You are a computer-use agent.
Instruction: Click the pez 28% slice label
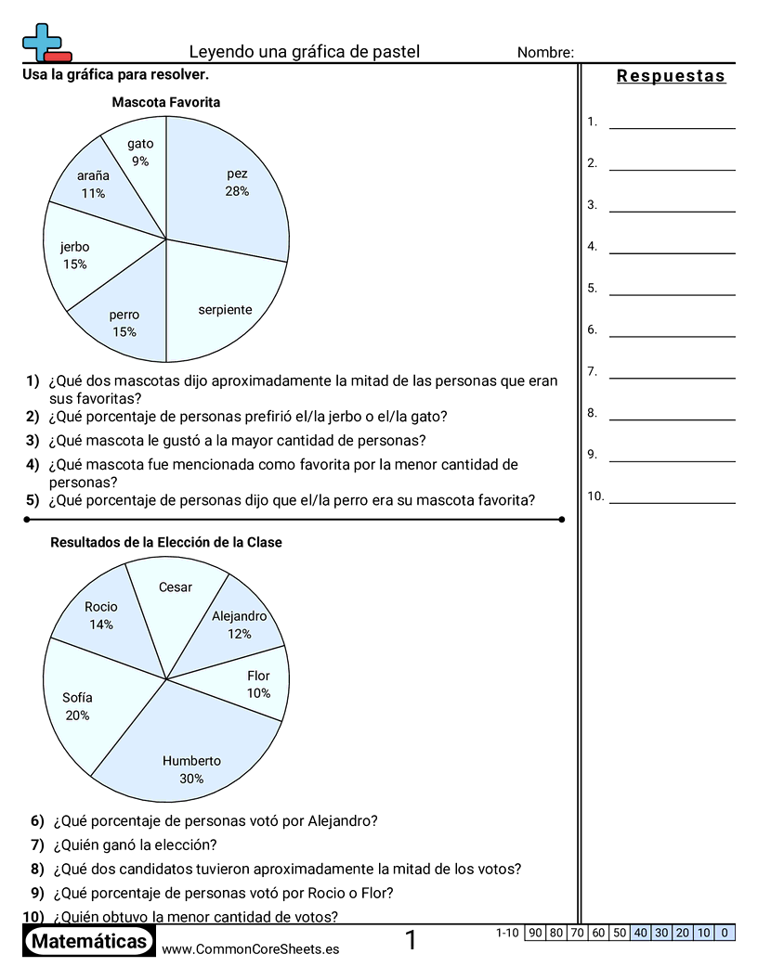coord(237,183)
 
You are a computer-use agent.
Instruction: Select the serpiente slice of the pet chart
coord(225,310)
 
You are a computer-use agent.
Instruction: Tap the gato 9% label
coord(140,152)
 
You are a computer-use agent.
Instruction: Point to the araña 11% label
coord(93,184)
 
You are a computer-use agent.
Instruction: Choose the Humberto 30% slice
coord(191,769)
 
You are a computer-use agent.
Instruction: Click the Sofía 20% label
coord(77,706)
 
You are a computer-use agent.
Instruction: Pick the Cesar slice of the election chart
coord(176,587)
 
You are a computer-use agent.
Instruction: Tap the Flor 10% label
coord(258,685)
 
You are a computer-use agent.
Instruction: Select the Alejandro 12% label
coord(239,625)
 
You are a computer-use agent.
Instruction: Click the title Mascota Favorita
coord(166,102)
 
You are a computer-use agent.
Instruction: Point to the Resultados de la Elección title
coord(166,542)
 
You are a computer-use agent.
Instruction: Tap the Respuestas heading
coord(671,76)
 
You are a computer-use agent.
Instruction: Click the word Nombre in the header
coord(544,53)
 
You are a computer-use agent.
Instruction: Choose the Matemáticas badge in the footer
coord(88,942)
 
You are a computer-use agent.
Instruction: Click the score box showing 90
coord(535,933)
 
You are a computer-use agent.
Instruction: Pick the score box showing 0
coord(725,933)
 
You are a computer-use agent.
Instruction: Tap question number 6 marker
coord(37,820)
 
